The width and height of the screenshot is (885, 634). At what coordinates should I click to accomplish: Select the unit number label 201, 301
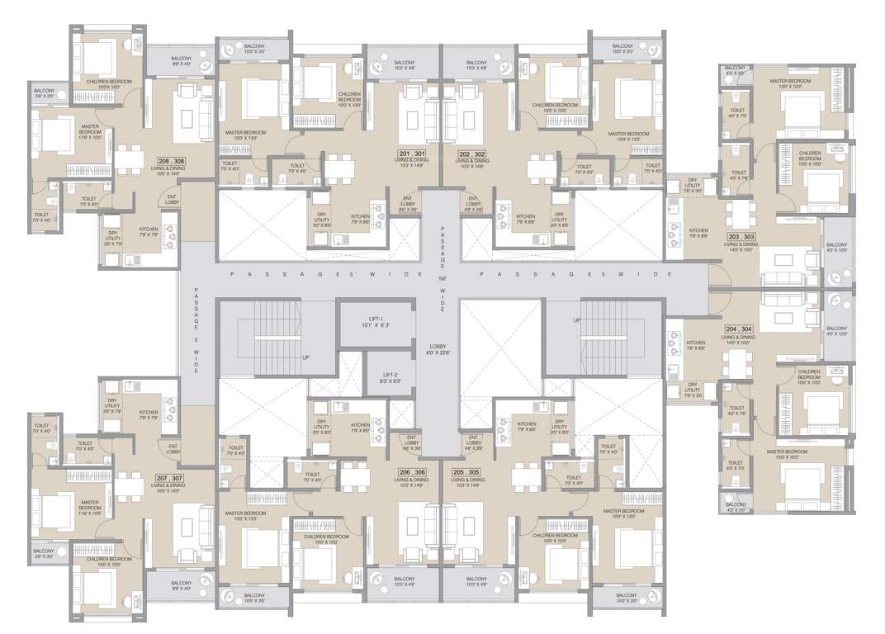click(411, 154)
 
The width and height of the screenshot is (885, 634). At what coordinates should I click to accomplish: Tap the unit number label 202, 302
click(471, 154)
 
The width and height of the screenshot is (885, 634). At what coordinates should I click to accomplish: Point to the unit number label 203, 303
click(741, 237)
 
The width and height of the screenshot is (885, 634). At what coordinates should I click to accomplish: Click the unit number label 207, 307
click(171, 478)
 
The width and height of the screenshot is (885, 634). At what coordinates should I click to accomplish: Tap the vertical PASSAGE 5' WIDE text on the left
click(196, 330)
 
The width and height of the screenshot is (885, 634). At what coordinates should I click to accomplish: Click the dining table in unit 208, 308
click(125, 158)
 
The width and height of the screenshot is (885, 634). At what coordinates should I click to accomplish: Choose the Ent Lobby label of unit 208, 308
click(173, 199)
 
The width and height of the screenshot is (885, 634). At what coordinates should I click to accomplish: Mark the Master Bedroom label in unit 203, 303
click(790, 83)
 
